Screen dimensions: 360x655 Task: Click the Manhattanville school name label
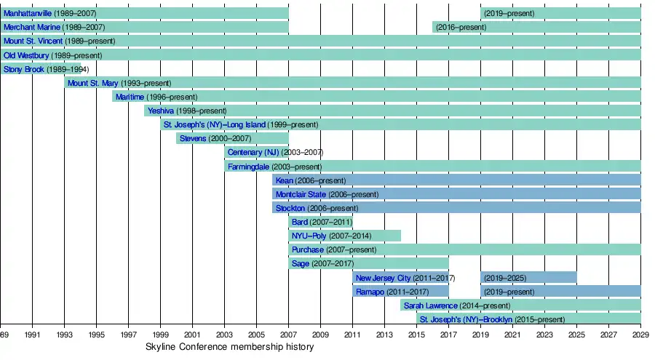point(32,13)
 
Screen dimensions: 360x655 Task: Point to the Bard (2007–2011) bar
point(320,222)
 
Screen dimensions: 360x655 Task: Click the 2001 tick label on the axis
point(192,335)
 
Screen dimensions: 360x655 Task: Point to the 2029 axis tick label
point(640,335)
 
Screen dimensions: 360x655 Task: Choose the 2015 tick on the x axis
point(416,335)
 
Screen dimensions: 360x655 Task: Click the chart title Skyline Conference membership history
point(230,348)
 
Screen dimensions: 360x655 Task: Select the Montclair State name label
point(301,194)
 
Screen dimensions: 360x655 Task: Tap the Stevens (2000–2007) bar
point(231,138)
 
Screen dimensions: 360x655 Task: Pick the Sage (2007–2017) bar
point(368,263)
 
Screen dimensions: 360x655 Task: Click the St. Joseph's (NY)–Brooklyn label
point(466,319)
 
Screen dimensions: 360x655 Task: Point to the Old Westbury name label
point(26,55)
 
